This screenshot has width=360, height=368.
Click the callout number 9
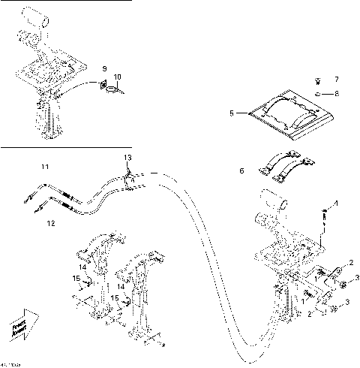(105, 68)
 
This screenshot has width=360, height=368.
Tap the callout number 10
(116, 77)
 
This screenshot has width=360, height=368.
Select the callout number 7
(336, 79)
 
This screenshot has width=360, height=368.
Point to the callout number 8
(336, 93)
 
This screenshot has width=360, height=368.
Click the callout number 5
(232, 113)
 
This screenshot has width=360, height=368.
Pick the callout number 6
(241, 171)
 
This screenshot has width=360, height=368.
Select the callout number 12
(51, 223)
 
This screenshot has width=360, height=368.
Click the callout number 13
(127, 157)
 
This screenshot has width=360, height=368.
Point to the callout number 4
(336, 204)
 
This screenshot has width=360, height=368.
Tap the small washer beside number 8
(318, 93)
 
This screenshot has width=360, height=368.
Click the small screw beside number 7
(318, 80)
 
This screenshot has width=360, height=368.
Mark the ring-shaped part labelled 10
(112, 91)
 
